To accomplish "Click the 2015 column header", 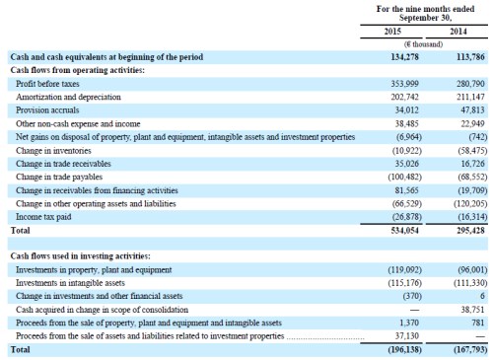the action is (x=392, y=32).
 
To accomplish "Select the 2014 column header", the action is (x=458, y=32).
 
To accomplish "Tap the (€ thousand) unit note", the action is (x=423, y=44).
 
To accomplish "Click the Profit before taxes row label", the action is (x=47, y=84).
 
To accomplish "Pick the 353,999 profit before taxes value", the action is (x=404, y=84).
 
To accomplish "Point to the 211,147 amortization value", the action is (x=470, y=97).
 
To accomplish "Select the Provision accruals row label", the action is (x=47, y=110).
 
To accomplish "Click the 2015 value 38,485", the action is (x=407, y=123).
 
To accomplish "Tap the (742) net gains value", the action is (x=478, y=137).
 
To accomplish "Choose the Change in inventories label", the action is (x=53, y=151).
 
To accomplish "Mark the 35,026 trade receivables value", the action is (x=407, y=164).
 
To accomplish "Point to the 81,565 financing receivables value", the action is (x=407, y=190).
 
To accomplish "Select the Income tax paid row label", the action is (x=43, y=217).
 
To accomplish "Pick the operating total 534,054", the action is (x=404, y=231).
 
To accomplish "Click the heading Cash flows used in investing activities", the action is (x=81, y=256).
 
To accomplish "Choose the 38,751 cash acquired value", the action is (x=472, y=310).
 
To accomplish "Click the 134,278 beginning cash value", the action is (x=404, y=57).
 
